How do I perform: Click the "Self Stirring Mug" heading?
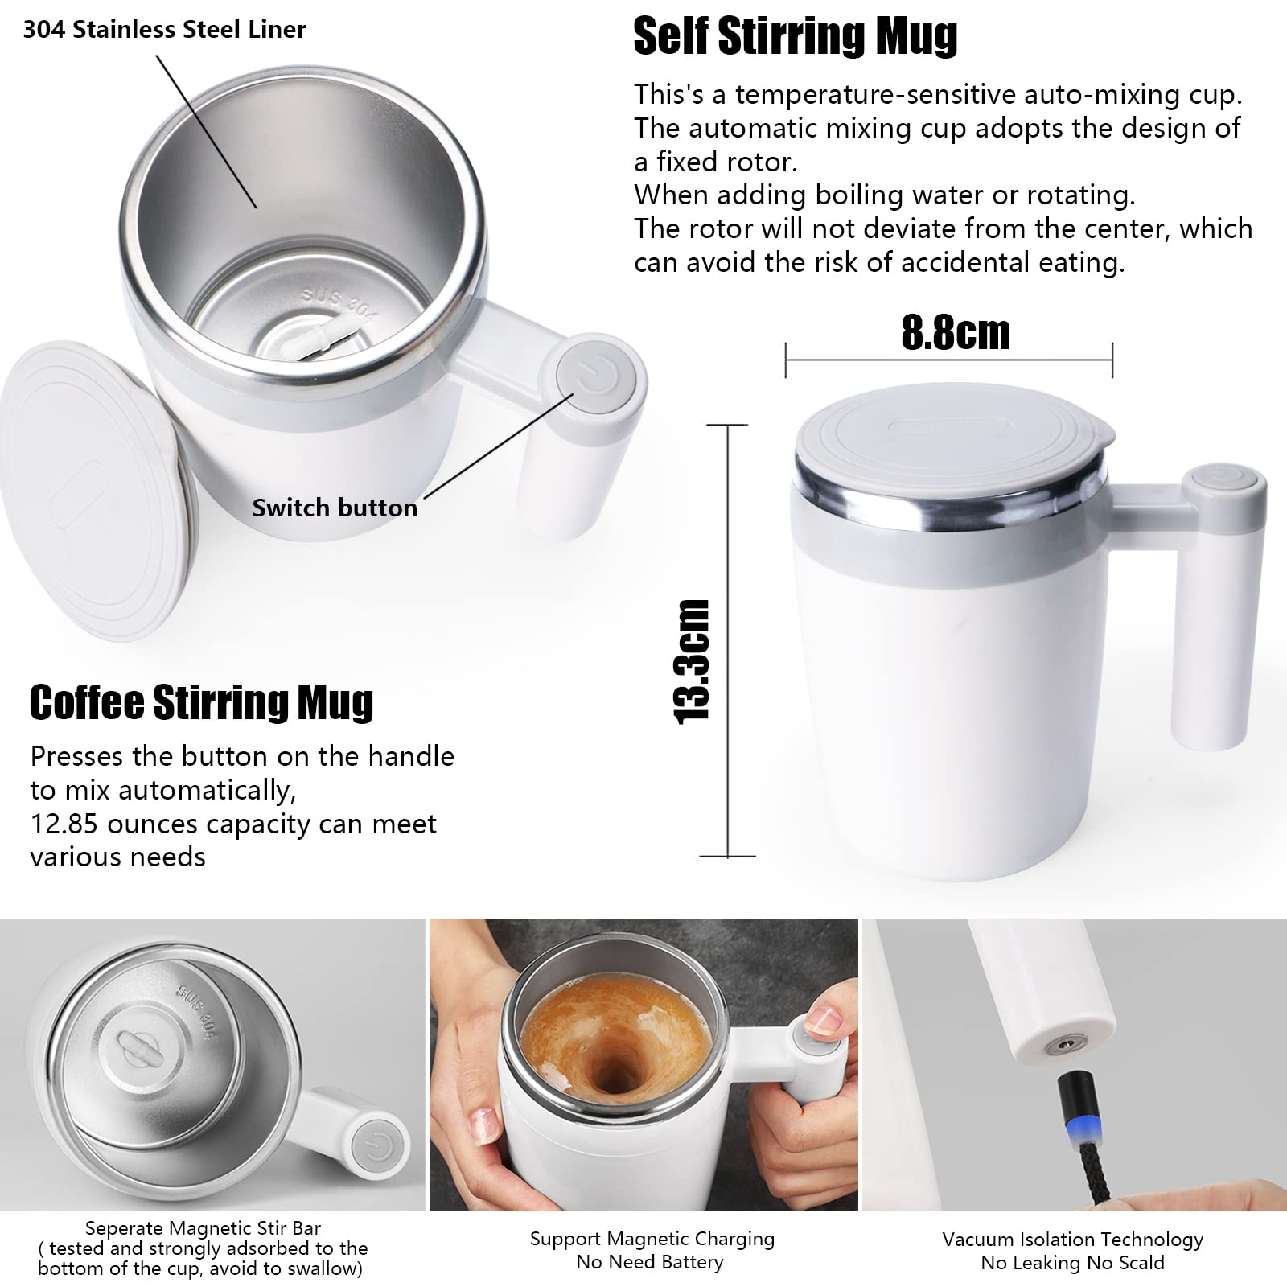[x=795, y=37]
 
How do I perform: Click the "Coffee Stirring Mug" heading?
[x=201, y=702]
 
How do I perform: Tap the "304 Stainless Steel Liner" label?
[x=164, y=30]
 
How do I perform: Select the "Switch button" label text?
[x=335, y=508]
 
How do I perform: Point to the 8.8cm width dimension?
[x=955, y=332]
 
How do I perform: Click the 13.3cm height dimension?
[x=691, y=661]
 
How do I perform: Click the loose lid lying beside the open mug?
[x=93, y=491]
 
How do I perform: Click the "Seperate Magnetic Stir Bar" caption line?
[x=203, y=1228]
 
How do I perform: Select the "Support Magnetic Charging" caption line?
[x=652, y=1239]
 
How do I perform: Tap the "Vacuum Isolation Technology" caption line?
[x=1073, y=1240]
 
